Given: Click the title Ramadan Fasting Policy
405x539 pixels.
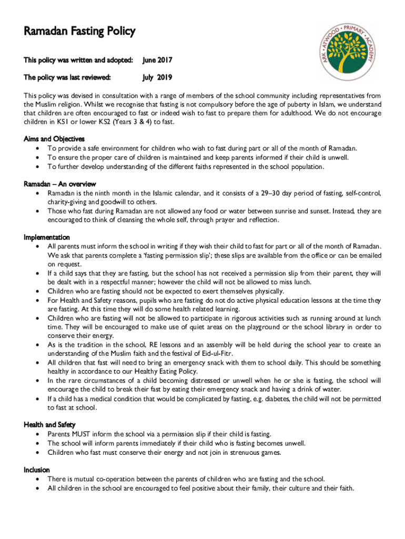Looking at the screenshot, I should click(79, 32).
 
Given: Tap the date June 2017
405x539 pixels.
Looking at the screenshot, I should click(158, 61).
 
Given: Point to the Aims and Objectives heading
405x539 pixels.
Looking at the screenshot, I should click(54, 139).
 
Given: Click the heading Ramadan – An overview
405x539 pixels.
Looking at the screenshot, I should click(60, 184).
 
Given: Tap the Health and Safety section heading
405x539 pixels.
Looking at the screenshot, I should click(49, 425).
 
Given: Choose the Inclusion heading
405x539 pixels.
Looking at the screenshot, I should click(37, 470).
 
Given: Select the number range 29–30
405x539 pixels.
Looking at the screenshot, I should click(272, 193).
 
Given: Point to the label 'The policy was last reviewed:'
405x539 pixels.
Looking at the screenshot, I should click(67, 78).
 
